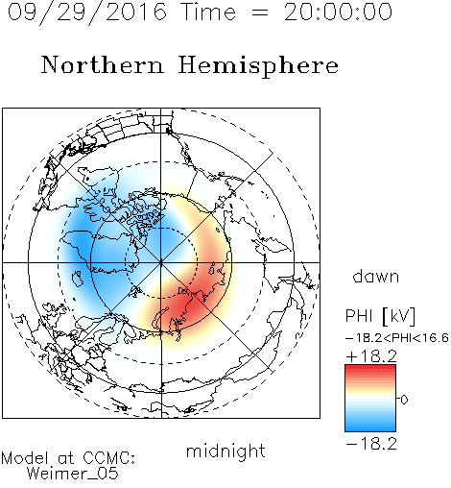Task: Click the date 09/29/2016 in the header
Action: point(87,12)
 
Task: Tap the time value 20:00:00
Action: point(338,12)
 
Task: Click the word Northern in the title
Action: point(103,64)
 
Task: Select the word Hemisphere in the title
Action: point(258,66)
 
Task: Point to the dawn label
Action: point(376,276)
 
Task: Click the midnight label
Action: point(225,451)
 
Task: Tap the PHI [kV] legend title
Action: point(380,316)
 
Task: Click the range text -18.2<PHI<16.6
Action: point(397,338)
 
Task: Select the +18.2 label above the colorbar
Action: point(371,356)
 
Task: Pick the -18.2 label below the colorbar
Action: point(371,444)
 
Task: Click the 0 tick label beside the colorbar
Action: point(404,400)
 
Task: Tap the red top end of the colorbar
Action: point(370,367)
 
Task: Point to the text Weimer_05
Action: point(73,473)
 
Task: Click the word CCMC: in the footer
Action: point(108,458)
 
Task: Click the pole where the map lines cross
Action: point(161,262)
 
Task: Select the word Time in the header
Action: point(208,12)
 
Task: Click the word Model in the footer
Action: point(25,458)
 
